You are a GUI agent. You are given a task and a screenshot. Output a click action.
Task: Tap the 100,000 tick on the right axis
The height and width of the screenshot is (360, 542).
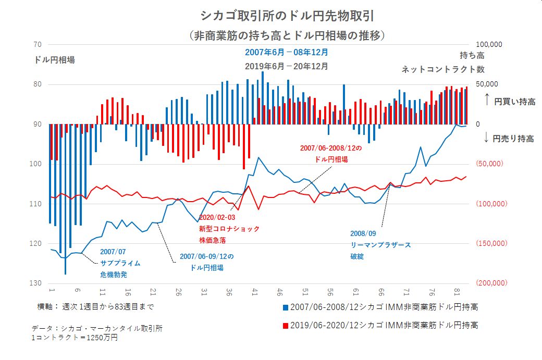(x=489, y=45)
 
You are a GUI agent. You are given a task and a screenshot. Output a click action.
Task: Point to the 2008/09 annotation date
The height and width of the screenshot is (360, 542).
(x=363, y=234)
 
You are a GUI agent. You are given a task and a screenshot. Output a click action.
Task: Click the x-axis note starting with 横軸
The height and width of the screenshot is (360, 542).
(x=95, y=306)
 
